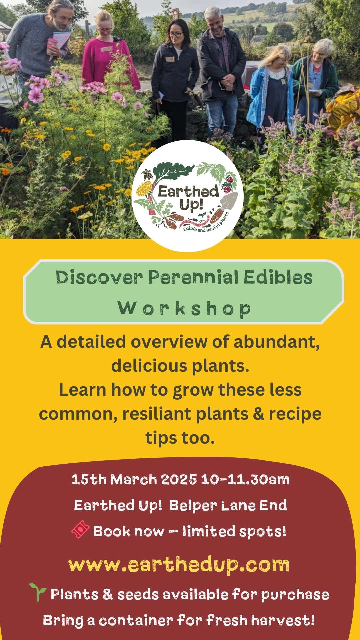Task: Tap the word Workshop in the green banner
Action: click(184, 308)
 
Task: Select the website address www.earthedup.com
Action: click(179, 565)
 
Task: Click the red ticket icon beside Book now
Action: click(80, 529)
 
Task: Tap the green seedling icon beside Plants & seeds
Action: click(38, 592)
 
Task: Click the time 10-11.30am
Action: click(245, 480)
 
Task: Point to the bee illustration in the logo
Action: click(147, 174)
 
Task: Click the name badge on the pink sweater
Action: click(106, 49)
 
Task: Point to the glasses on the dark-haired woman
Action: click(176, 34)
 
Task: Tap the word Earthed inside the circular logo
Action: click(188, 192)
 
